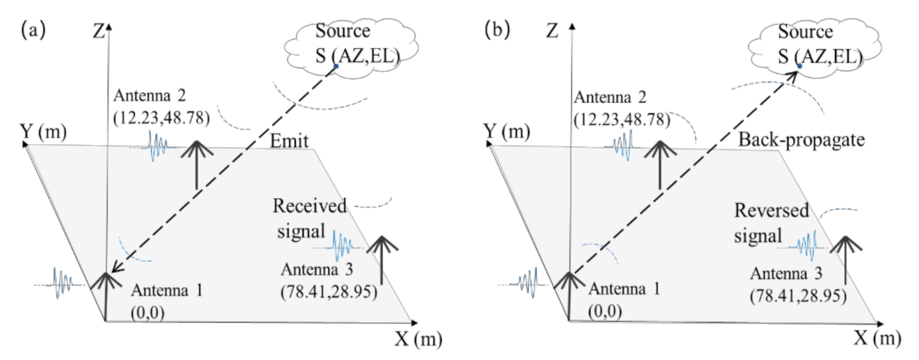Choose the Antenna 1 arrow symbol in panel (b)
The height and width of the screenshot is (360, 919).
(569, 294)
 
